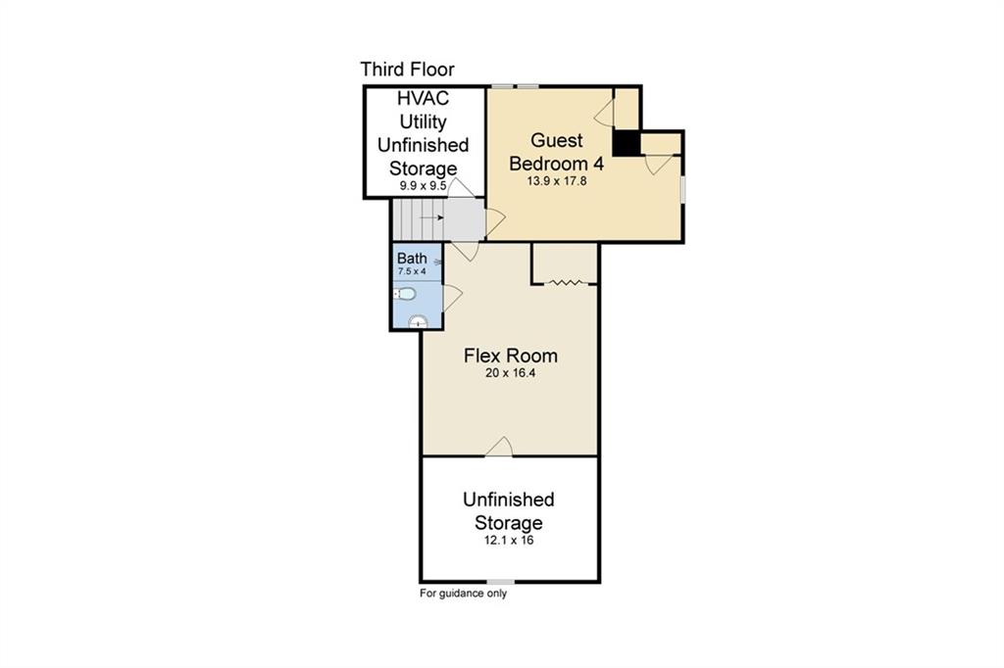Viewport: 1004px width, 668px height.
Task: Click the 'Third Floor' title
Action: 407,70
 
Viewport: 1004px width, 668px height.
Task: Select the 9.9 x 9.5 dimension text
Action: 423,185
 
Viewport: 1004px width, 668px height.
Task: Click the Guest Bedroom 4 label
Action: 556,152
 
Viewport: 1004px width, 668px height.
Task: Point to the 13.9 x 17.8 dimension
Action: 555,181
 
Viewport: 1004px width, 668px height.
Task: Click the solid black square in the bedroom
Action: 627,143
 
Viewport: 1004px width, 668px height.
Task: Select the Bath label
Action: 411,259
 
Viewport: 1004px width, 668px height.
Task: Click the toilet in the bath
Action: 405,293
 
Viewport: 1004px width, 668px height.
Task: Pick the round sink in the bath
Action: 418,320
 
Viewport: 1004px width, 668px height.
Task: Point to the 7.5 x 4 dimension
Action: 411,271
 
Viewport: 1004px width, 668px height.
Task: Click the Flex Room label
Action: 510,356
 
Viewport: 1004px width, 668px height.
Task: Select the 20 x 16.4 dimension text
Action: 510,373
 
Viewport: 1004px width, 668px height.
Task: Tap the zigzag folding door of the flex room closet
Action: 566,283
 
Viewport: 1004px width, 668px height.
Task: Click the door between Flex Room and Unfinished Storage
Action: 499,448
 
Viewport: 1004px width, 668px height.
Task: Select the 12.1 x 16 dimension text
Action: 508,540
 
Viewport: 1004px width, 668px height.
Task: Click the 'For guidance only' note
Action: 463,593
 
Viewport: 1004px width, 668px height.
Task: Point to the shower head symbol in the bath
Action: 437,262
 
